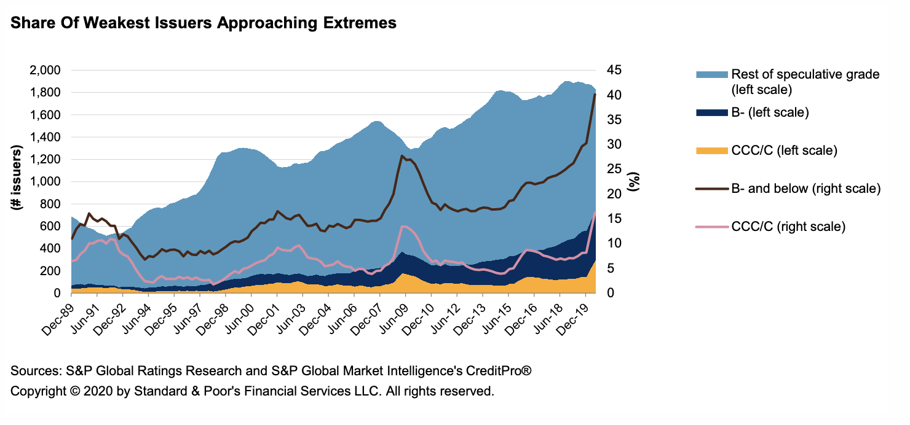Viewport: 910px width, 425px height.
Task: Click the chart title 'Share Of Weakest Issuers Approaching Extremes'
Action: tap(203, 23)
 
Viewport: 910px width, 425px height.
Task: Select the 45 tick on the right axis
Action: tap(615, 71)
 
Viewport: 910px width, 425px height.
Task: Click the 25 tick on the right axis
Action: tap(615, 170)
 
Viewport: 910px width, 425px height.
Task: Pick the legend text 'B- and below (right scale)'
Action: tap(806, 189)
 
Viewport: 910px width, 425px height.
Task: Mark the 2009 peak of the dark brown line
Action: tap(402, 156)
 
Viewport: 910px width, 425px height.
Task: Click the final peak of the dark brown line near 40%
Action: tap(595, 95)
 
